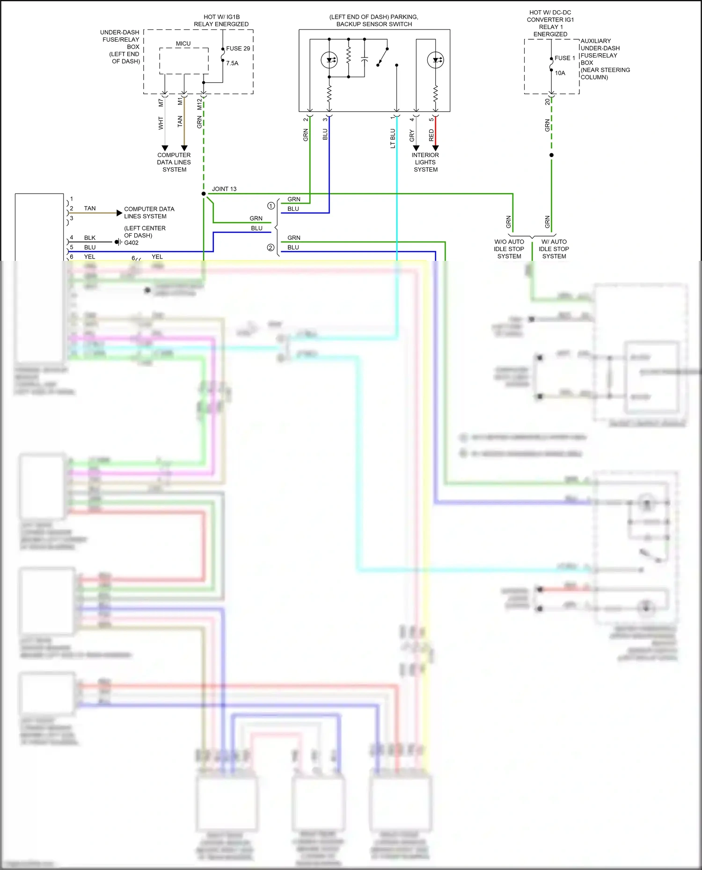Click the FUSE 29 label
(x=238, y=49)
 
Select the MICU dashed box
(x=184, y=61)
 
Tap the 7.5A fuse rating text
(x=232, y=63)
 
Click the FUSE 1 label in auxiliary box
(x=564, y=58)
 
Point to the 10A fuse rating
(x=560, y=73)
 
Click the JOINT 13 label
(x=224, y=189)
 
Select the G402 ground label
(x=131, y=243)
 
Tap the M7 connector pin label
(x=161, y=102)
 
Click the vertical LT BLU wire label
(x=393, y=139)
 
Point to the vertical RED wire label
(x=431, y=136)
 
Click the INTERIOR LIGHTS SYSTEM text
(x=425, y=162)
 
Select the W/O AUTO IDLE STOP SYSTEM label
(x=509, y=249)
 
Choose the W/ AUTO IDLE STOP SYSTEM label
(x=554, y=249)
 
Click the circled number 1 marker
(x=271, y=206)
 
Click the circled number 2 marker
(x=271, y=248)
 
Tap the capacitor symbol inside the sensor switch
(x=365, y=59)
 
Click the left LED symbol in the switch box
(x=329, y=60)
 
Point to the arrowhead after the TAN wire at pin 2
(x=119, y=213)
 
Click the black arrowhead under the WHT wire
(x=165, y=148)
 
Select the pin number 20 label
(x=547, y=101)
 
